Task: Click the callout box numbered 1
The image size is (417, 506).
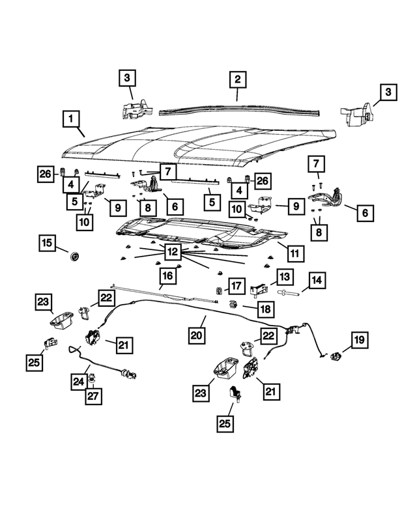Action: [x=72, y=120]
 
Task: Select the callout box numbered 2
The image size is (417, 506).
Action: [x=238, y=80]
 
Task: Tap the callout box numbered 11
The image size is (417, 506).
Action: [x=295, y=252]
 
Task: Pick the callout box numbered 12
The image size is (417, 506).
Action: [x=172, y=251]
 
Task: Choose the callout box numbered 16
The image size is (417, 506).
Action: [x=167, y=276]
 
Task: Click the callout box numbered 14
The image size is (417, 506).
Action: [x=316, y=282]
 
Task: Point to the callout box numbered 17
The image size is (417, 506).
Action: [x=236, y=286]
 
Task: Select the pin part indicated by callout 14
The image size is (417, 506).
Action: [x=289, y=294]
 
